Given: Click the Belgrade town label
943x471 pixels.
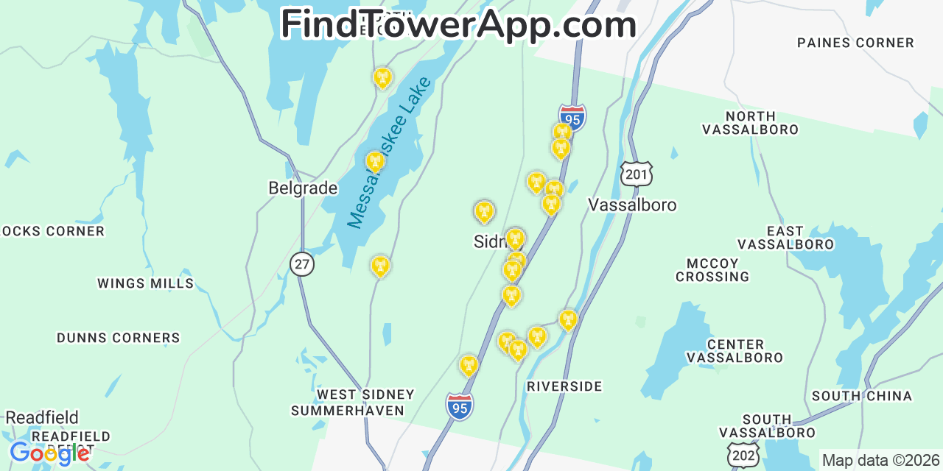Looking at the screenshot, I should click(x=303, y=188).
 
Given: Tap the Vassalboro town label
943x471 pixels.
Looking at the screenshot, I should click(x=632, y=205).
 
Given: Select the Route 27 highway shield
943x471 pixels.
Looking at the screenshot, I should click(x=302, y=263).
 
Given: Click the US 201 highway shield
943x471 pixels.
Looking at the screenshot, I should click(x=637, y=174).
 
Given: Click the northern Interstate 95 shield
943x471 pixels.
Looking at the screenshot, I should click(x=572, y=118).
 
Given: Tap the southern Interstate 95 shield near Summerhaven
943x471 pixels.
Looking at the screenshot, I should click(x=460, y=406).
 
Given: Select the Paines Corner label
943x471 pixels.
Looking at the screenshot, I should click(x=855, y=43).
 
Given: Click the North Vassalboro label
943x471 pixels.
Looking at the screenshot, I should click(x=750, y=123).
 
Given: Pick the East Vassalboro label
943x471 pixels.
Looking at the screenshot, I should click(x=785, y=238).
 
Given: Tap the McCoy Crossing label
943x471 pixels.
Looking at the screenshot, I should click(x=712, y=270).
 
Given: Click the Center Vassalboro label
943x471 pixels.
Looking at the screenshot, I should click(x=735, y=351).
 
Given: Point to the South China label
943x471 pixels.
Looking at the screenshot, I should click(x=862, y=396).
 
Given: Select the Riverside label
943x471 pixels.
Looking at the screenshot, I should click(x=564, y=386).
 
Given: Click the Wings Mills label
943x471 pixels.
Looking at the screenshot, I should click(x=146, y=283).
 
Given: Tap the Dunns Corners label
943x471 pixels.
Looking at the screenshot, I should click(x=119, y=339).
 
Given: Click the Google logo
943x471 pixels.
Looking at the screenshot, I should click(x=49, y=453).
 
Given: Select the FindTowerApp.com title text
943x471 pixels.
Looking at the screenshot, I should click(x=458, y=25).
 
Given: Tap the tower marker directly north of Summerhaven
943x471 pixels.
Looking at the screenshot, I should click(x=380, y=266).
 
